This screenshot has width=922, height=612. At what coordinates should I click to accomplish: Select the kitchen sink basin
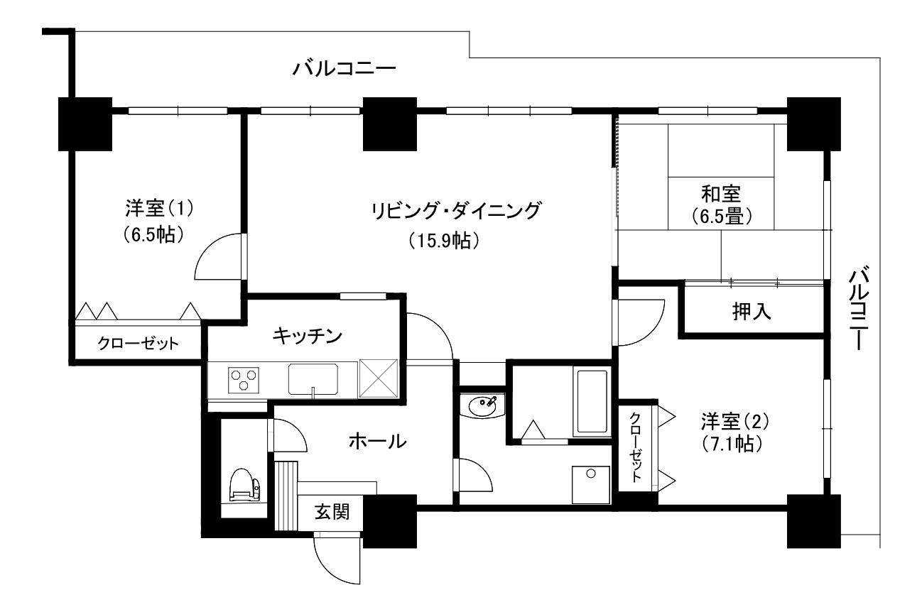point(313,378)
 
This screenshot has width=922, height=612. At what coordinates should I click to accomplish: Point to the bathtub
point(591,401)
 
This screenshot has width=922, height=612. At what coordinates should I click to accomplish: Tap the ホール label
point(377,441)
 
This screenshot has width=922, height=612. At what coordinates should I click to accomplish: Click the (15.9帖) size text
point(446,241)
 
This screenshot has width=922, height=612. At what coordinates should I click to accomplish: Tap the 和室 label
point(721,193)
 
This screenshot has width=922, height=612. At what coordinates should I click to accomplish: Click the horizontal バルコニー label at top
point(345,70)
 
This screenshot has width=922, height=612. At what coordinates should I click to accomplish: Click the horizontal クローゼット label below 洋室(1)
point(138,344)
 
